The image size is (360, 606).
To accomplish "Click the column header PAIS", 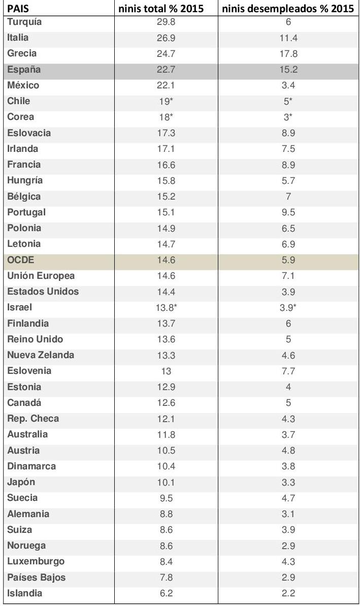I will [18, 9].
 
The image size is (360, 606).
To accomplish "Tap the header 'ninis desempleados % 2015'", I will [288, 9].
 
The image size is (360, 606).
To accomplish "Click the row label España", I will [24, 70].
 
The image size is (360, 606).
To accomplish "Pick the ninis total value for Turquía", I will [166, 22].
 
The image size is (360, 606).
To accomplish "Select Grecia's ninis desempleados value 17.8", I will [288, 53].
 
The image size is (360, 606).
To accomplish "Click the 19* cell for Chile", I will [166, 101].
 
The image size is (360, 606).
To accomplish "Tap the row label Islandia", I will [25, 593].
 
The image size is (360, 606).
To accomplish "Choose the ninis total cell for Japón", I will [166, 482].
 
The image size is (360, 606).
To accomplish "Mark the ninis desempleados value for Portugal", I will [288, 212].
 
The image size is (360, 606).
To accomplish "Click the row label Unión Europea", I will [41, 276].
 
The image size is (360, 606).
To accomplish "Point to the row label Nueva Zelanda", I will [41, 355].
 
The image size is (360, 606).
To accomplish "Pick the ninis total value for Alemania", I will [166, 514].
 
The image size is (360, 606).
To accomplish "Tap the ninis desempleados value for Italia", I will [288, 38].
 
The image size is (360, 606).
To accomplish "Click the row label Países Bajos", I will [36, 578].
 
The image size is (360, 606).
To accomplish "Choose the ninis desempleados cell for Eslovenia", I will [288, 371].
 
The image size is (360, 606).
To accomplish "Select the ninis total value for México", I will [166, 85].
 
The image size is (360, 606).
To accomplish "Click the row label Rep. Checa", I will [33, 419].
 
